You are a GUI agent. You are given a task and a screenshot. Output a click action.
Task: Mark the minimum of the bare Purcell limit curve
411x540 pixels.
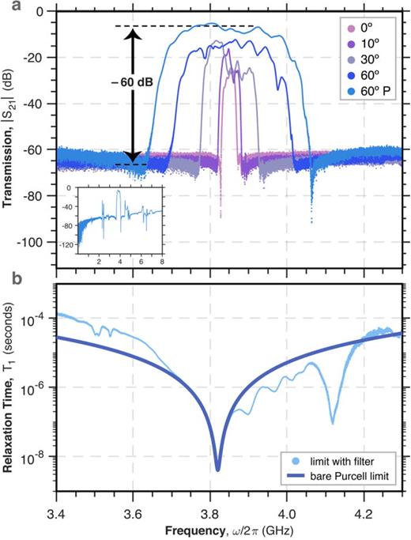click(217, 470)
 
